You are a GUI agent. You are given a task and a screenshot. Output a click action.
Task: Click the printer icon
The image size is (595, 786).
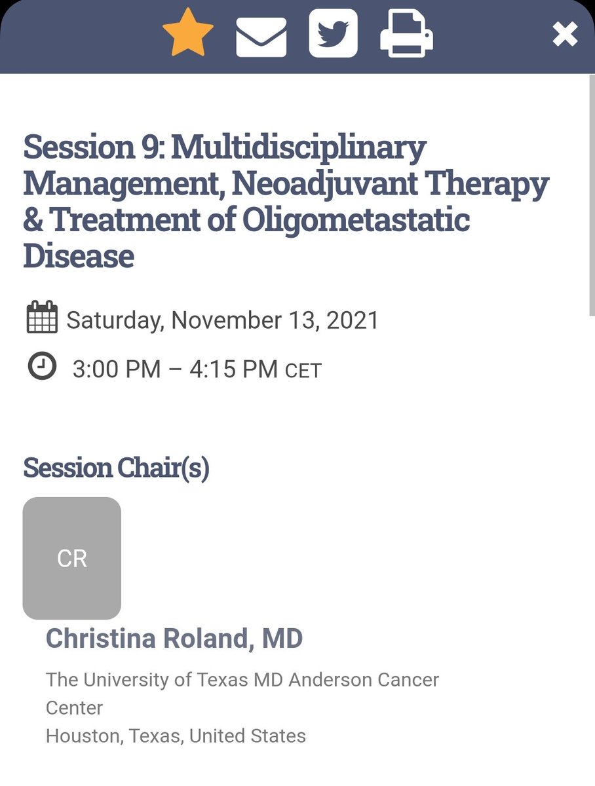pos(406,35)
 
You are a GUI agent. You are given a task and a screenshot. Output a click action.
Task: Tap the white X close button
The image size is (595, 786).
pos(565,35)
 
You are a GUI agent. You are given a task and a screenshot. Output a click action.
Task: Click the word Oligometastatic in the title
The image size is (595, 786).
pos(356,220)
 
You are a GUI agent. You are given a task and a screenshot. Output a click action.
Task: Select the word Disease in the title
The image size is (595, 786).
pos(79,256)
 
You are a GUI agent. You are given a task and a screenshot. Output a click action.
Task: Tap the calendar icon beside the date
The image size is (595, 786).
pos(42,318)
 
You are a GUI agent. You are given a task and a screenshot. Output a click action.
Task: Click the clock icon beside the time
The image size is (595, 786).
pos(42,365)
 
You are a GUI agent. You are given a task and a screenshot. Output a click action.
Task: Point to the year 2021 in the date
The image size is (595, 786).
pos(353,320)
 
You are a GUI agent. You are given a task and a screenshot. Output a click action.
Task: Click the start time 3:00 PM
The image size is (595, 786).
pos(116,369)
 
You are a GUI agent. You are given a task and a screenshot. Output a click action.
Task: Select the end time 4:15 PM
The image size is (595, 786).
pos(233,369)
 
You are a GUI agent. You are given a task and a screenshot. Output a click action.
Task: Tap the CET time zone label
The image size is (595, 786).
pos(303,371)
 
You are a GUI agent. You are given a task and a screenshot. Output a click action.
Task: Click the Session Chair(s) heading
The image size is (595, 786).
pos(116,468)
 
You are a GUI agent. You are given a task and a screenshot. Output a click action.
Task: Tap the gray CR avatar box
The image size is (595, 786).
pos(72,558)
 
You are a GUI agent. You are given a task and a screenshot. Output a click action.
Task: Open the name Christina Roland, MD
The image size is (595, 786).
pos(174,639)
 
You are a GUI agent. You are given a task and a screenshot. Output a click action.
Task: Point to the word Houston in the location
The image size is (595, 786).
pos(83,736)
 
